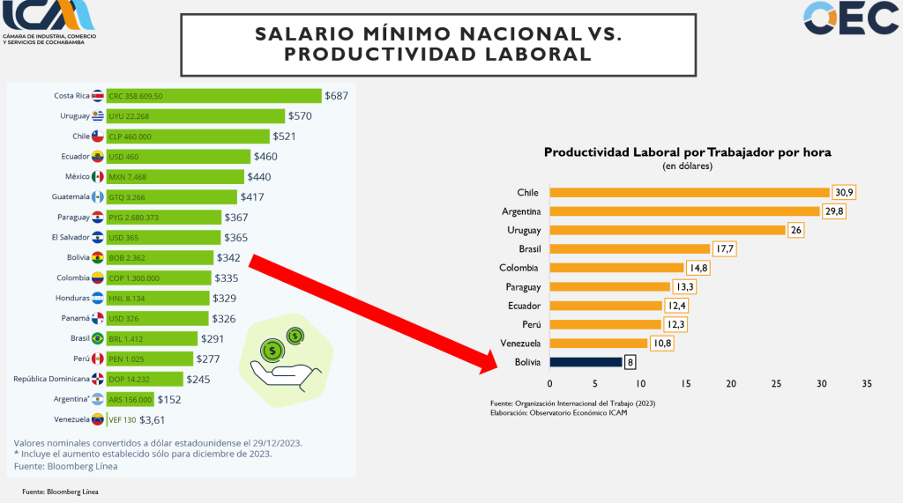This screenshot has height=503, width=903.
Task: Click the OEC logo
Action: (x=850, y=18)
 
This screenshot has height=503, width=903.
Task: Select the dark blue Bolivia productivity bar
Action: (x=586, y=362)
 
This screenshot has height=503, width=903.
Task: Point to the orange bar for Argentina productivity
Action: (x=684, y=211)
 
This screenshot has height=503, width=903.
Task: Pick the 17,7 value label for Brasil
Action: (x=724, y=249)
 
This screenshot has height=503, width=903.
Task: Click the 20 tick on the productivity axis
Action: (x=731, y=384)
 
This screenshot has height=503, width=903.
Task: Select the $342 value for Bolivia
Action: (x=229, y=258)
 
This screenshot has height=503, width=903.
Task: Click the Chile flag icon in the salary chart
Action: (x=98, y=137)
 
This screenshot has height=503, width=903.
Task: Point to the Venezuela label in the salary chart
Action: (x=72, y=419)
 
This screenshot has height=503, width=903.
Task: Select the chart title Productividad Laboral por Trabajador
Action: (x=687, y=152)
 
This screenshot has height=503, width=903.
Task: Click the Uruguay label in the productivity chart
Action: (x=524, y=230)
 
